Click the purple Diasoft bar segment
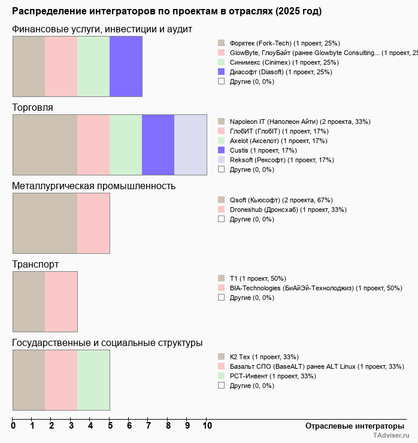pos(126,66)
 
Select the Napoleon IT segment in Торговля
pos(45,144)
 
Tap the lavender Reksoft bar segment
pos(190,144)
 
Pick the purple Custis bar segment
pos(158,144)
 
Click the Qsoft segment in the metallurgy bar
pos(45,223)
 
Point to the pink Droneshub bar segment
pos(93,223)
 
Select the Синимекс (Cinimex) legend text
pos(284,62)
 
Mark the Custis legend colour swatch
pos(221,150)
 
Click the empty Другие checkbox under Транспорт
pos(221,298)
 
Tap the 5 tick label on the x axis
pos(110,426)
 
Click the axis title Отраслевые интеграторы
pos(350,426)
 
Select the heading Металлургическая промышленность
pos(93,186)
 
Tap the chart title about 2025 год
pos(166,11)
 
